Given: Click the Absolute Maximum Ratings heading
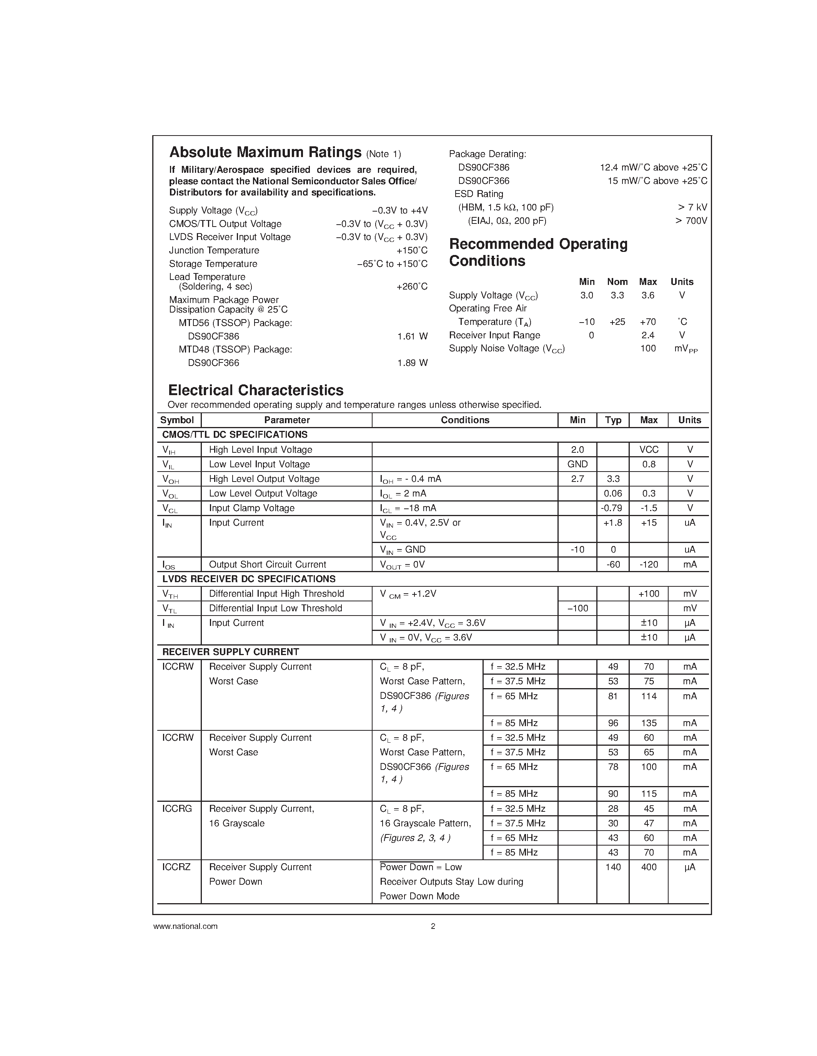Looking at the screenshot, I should click(265, 153).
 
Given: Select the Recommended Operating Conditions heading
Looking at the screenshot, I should click(538, 252).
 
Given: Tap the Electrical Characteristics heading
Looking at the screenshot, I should click(256, 390).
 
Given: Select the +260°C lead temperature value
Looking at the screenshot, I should click(412, 286).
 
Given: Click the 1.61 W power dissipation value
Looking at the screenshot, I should click(413, 336).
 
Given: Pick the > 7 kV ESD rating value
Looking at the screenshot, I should click(692, 207).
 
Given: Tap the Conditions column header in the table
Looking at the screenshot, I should click(465, 420).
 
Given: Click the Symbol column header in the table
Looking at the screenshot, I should click(177, 420).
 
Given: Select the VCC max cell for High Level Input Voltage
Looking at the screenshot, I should click(649, 450).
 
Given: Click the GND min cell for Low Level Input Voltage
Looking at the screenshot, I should click(577, 464).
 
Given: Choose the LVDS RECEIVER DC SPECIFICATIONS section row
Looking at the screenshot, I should click(249, 579).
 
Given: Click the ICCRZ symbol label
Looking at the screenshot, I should click(176, 867).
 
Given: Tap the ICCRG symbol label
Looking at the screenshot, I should click(177, 808).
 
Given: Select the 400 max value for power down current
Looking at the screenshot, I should click(649, 867).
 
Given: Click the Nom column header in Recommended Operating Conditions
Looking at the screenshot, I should click(617, 282).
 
